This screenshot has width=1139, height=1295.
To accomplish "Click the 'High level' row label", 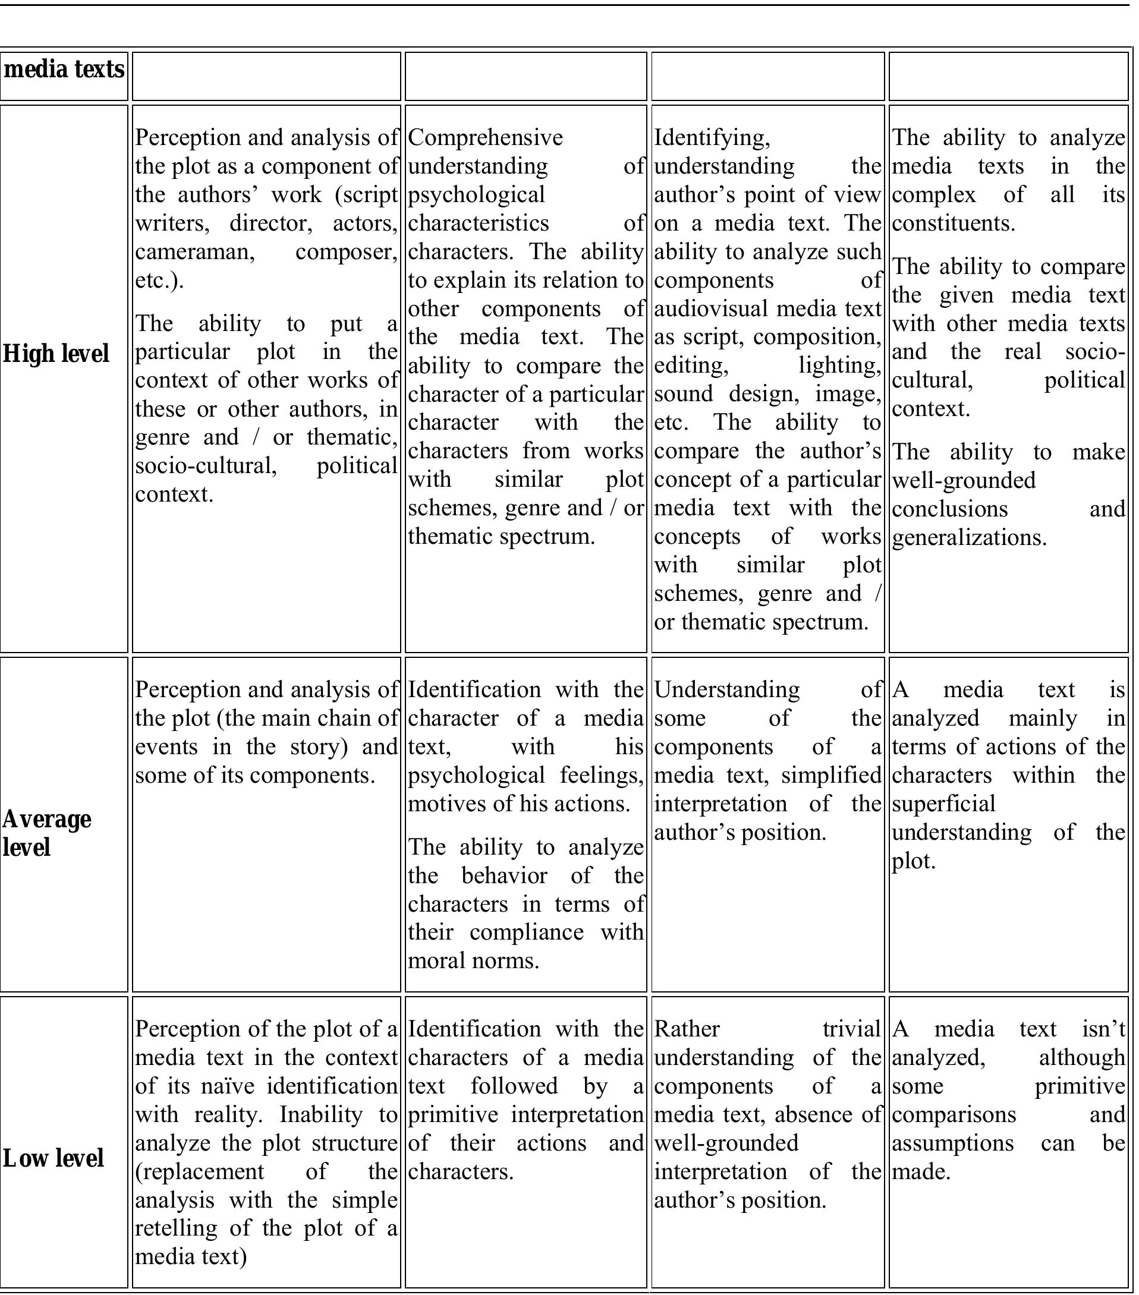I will (x=56, y=354).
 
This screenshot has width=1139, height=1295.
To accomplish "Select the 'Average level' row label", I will (x=46, y=833).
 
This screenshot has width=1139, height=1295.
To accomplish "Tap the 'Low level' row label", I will (x=54, y=1158).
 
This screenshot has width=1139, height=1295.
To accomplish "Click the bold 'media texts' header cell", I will (x=64, y=69).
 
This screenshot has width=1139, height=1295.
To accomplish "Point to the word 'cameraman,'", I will (x=195, y=252).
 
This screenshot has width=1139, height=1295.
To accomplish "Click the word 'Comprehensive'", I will (x=486, y=137).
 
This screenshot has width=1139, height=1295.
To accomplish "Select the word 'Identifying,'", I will (x=712, y=137).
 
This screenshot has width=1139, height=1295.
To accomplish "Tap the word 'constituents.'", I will (x=954, y=223).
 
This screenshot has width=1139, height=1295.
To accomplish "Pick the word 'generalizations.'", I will (x=969, y=537).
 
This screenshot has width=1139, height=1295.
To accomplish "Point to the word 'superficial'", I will (x=944, y=804).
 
